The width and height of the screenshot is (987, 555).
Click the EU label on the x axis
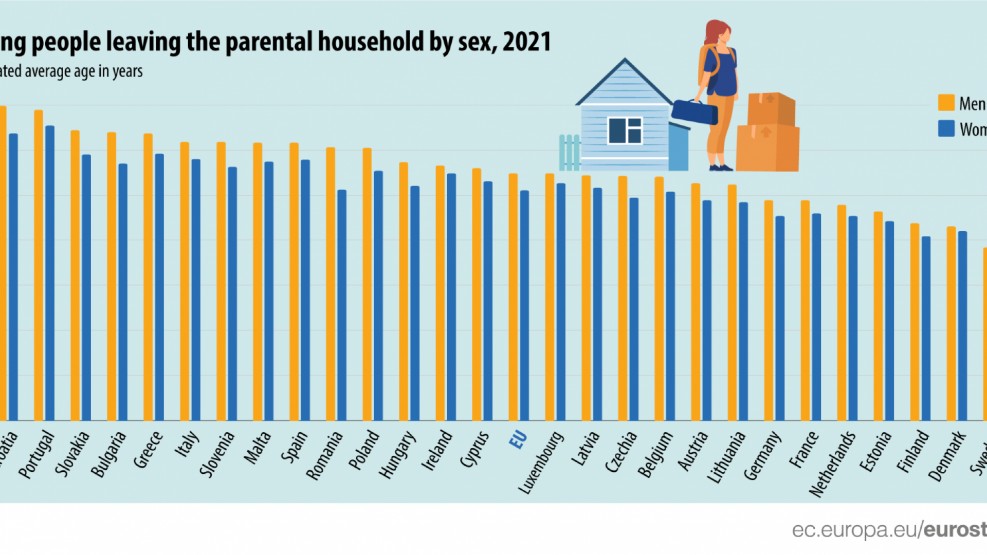click(518, 440)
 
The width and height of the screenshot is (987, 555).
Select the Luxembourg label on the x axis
click(541, 462)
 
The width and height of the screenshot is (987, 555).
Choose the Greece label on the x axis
click(148, 450)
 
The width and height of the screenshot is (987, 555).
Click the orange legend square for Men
click(946, 103)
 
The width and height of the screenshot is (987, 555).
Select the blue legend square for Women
click(946, 128)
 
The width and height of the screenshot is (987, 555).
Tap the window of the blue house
click(625, 131)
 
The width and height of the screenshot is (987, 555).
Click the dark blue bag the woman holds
click(694, 112)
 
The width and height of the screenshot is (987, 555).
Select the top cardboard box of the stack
click(771, 109)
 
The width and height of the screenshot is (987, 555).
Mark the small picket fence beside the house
click(569, 153)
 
